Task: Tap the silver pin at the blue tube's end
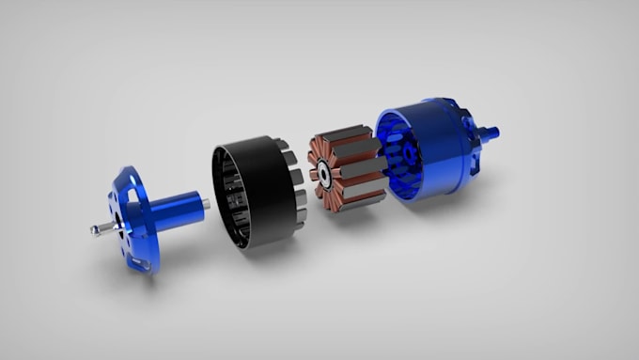pyautogui.click(x=206, y=201)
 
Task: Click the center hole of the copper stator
pyautogui.click(x=321, y=172)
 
